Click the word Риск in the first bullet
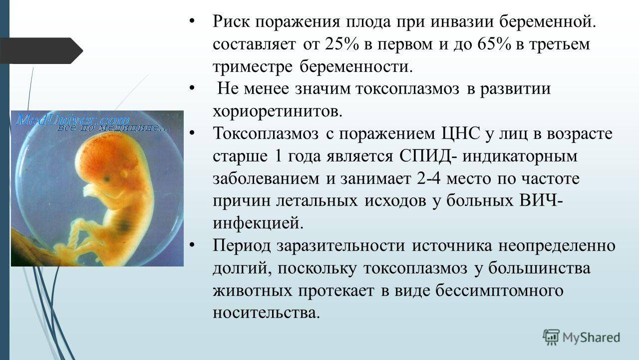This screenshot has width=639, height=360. (231, 21)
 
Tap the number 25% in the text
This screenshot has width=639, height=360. (342, 44)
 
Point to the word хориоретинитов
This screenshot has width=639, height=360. (278, 111)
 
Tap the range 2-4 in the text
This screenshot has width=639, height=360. (428, 178)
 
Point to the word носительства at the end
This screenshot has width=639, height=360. (267, 312)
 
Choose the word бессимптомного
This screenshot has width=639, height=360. (499, 290)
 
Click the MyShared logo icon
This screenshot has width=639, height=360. (551, 337)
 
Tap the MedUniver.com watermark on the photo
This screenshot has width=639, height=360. (72, 119)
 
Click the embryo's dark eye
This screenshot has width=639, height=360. (107, 179)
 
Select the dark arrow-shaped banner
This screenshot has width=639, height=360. (41, 50)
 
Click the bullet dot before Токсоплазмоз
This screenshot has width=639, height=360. (192, 132)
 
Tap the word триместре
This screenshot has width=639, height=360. (253, 66)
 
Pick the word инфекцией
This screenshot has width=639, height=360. (258, 223)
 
